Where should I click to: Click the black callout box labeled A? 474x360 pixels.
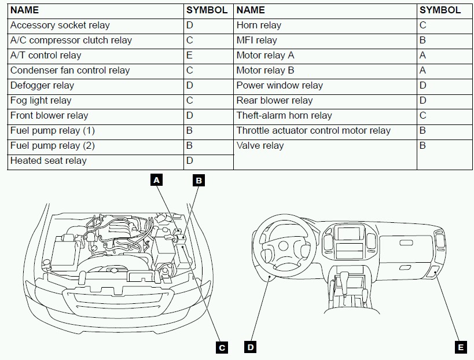(156, 180)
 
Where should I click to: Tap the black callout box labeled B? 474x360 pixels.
(198, 180)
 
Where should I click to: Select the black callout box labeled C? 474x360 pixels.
(221, 347)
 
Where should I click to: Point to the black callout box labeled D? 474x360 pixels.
(250, 347)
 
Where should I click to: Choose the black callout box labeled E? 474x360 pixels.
(461, 347)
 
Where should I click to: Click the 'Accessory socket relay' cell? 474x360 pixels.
(60, 25)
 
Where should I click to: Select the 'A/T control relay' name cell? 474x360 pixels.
(46, 56)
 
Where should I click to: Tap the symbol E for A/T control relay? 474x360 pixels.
(190, 56)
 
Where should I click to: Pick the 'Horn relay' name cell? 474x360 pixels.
(259, 25)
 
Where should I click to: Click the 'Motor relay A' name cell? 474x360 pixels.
(265, 56)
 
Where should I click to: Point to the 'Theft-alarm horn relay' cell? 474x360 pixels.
(284, 116)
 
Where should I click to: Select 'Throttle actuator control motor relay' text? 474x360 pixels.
(313, 131)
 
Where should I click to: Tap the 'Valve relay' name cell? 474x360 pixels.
(260, 146)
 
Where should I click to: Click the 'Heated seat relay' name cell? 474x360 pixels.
(48, 161)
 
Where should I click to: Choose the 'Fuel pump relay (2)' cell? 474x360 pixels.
(52, 146)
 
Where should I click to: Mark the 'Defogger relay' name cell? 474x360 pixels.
(42, 86)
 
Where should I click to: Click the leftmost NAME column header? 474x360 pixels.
(25, 10)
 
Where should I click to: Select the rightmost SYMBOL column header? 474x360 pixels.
(440, 10)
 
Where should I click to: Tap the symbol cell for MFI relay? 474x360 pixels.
(423, 41)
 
